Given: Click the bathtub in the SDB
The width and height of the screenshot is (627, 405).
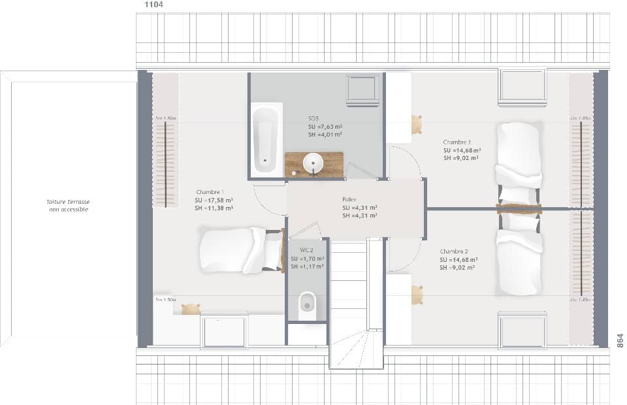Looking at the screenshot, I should (266, 139).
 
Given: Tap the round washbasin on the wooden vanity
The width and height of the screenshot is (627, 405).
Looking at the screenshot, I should (313, 163).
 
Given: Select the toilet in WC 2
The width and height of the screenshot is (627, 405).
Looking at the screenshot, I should (307, 306).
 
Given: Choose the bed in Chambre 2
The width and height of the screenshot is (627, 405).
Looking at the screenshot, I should (519, 261).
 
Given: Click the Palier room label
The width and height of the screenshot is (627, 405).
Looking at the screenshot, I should (349, 200).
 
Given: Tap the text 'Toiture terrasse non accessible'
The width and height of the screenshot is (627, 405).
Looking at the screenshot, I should (68, 206).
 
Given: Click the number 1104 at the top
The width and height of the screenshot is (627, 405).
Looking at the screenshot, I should (153, 5).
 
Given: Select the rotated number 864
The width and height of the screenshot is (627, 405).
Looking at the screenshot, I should (620, 340).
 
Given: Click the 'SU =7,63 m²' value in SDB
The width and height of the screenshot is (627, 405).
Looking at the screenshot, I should (325, 127).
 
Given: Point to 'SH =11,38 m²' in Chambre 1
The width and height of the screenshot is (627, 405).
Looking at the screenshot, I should (214, 208).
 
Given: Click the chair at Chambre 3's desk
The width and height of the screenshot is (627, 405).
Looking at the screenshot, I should (415, 124).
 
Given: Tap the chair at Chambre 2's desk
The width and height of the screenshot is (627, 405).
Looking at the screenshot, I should (416, 295).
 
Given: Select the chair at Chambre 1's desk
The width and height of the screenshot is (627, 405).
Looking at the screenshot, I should (190, 309).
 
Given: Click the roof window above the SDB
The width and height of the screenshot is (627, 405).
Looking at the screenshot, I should (362, 89).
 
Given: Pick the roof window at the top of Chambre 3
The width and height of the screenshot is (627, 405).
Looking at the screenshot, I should (522, 87).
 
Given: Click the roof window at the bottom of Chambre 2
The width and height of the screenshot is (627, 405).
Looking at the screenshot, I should (522, 331).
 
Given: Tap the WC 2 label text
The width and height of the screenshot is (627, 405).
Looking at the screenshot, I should (307, 250).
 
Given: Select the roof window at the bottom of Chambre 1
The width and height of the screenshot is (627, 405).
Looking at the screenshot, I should (224, 331).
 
